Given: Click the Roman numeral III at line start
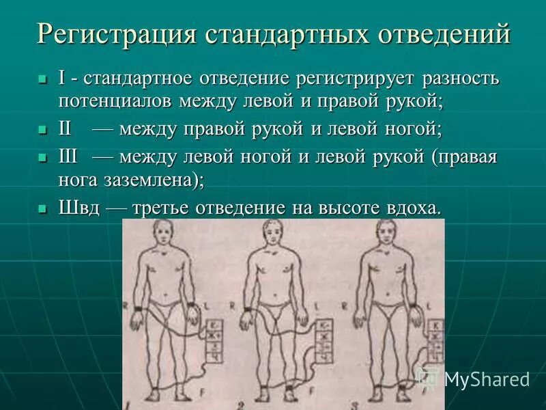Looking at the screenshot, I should pyautogui.click(x=69, y=157).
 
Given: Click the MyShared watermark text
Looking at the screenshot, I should pyautogui.click(x=486, y=378).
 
